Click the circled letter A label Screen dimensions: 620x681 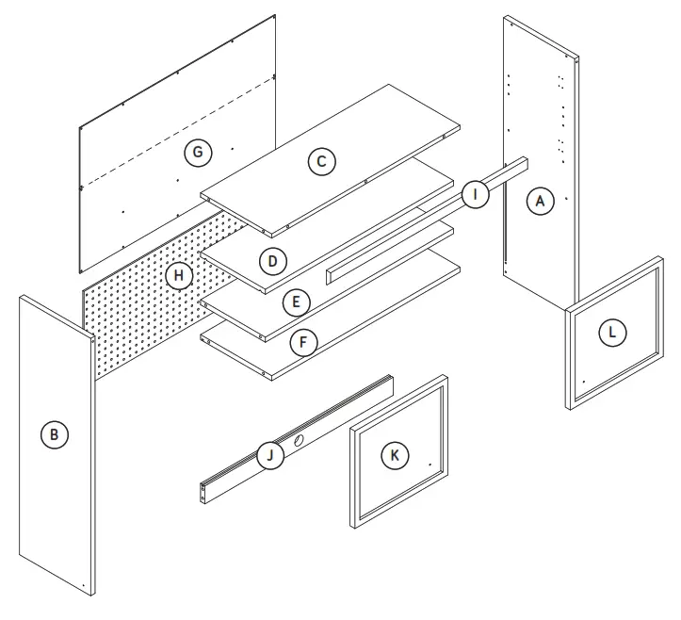[539, 201]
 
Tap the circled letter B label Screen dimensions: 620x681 [55, 434]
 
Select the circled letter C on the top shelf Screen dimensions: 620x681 [321, 161]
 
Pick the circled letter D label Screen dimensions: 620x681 [272, 260]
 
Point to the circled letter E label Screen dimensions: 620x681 [296, 302]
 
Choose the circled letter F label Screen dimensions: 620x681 [302, 342]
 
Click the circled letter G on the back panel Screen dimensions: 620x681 [197, 152]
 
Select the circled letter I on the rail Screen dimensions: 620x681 [476, 195]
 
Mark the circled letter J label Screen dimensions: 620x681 [270, 457]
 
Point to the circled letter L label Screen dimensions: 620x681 [612, 332]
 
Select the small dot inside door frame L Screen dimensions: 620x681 [583, 382]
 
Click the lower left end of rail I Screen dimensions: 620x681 [330, 274]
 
